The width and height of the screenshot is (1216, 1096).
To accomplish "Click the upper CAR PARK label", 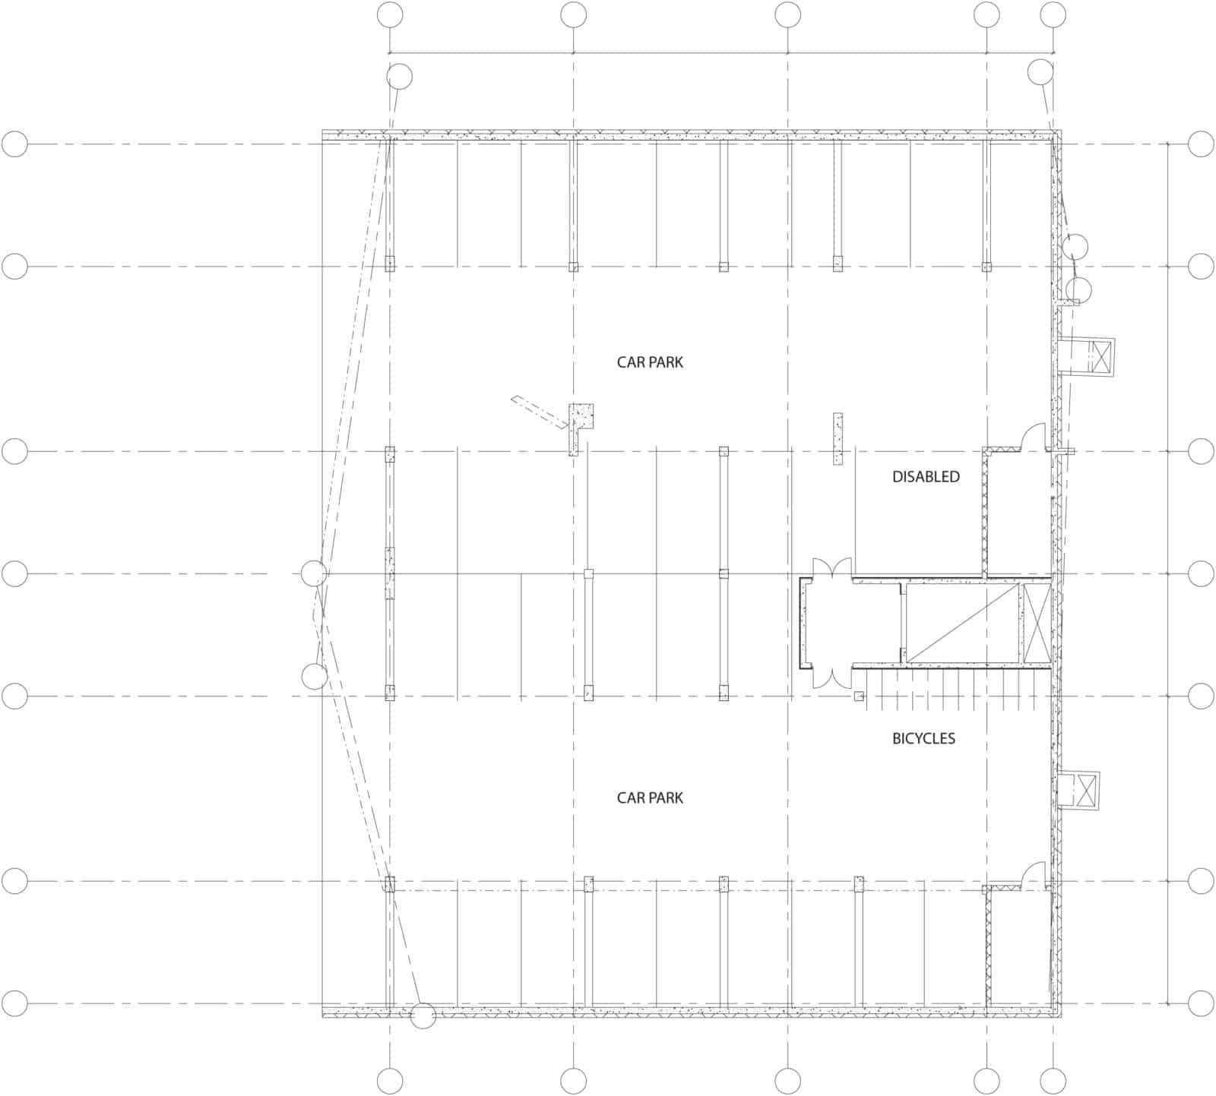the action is pos(650,362).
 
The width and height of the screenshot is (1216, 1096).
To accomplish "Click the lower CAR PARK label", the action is pos(650,798).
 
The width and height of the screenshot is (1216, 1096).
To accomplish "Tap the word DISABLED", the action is pos(926,477).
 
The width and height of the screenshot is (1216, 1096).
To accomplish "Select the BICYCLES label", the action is pos(923,738).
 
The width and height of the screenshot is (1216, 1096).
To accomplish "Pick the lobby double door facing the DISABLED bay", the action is pos(831,568).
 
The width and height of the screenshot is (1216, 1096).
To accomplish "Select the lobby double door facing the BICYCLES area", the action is pos(831,677).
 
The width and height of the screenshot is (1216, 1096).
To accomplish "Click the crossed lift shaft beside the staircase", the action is pos(1036,624).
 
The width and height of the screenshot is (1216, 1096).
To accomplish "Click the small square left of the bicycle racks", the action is pos(859,696).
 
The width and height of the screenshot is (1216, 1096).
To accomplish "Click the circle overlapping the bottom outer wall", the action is pos(423,1015).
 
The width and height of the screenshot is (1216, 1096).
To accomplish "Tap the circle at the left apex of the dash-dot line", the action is pos(314,573).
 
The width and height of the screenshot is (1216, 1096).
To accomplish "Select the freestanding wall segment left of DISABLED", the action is pos(838,439).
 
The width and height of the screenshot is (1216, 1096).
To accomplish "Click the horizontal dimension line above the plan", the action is pos(721,53).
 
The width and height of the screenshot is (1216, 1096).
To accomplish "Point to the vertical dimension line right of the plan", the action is pos(1168,573).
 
